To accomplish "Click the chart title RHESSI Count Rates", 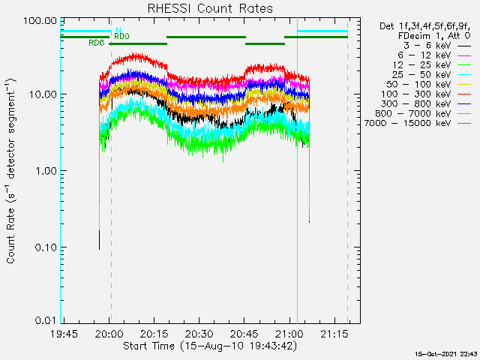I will pos(210,8).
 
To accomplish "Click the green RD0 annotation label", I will pos(121,36).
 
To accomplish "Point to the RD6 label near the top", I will pos(96,43).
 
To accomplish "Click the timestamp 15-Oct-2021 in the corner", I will pos(447,353).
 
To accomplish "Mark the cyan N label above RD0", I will pos(118,30).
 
